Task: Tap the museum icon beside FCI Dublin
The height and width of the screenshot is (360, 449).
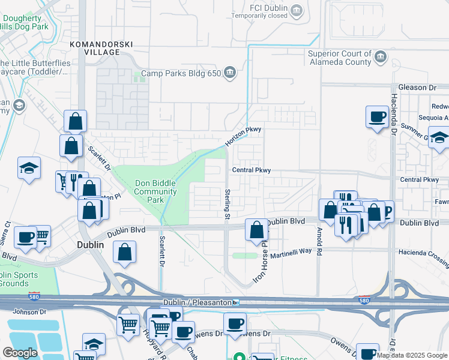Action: click(297, 9)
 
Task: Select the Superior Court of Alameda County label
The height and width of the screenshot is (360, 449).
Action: click(339, 58)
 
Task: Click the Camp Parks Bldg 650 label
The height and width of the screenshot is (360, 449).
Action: click(179, 74)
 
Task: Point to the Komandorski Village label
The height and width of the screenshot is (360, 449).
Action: click(100, 49)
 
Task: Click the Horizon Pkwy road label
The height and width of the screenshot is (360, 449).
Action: click(243, 137)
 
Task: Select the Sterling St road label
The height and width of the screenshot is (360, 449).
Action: click(228, 203)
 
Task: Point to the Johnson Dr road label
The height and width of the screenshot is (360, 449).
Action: click(29, 311)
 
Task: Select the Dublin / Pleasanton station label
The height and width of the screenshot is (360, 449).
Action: click(197, 302)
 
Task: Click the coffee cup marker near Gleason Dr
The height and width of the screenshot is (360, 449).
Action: click(377, 116)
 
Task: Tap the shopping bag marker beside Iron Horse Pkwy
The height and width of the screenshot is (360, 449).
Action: click(257, 229)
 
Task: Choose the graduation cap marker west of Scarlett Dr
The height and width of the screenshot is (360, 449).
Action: click(29, 169)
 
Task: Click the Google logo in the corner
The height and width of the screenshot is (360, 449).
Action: click(20, 353)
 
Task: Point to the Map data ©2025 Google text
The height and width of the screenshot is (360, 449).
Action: click(412, 355)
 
